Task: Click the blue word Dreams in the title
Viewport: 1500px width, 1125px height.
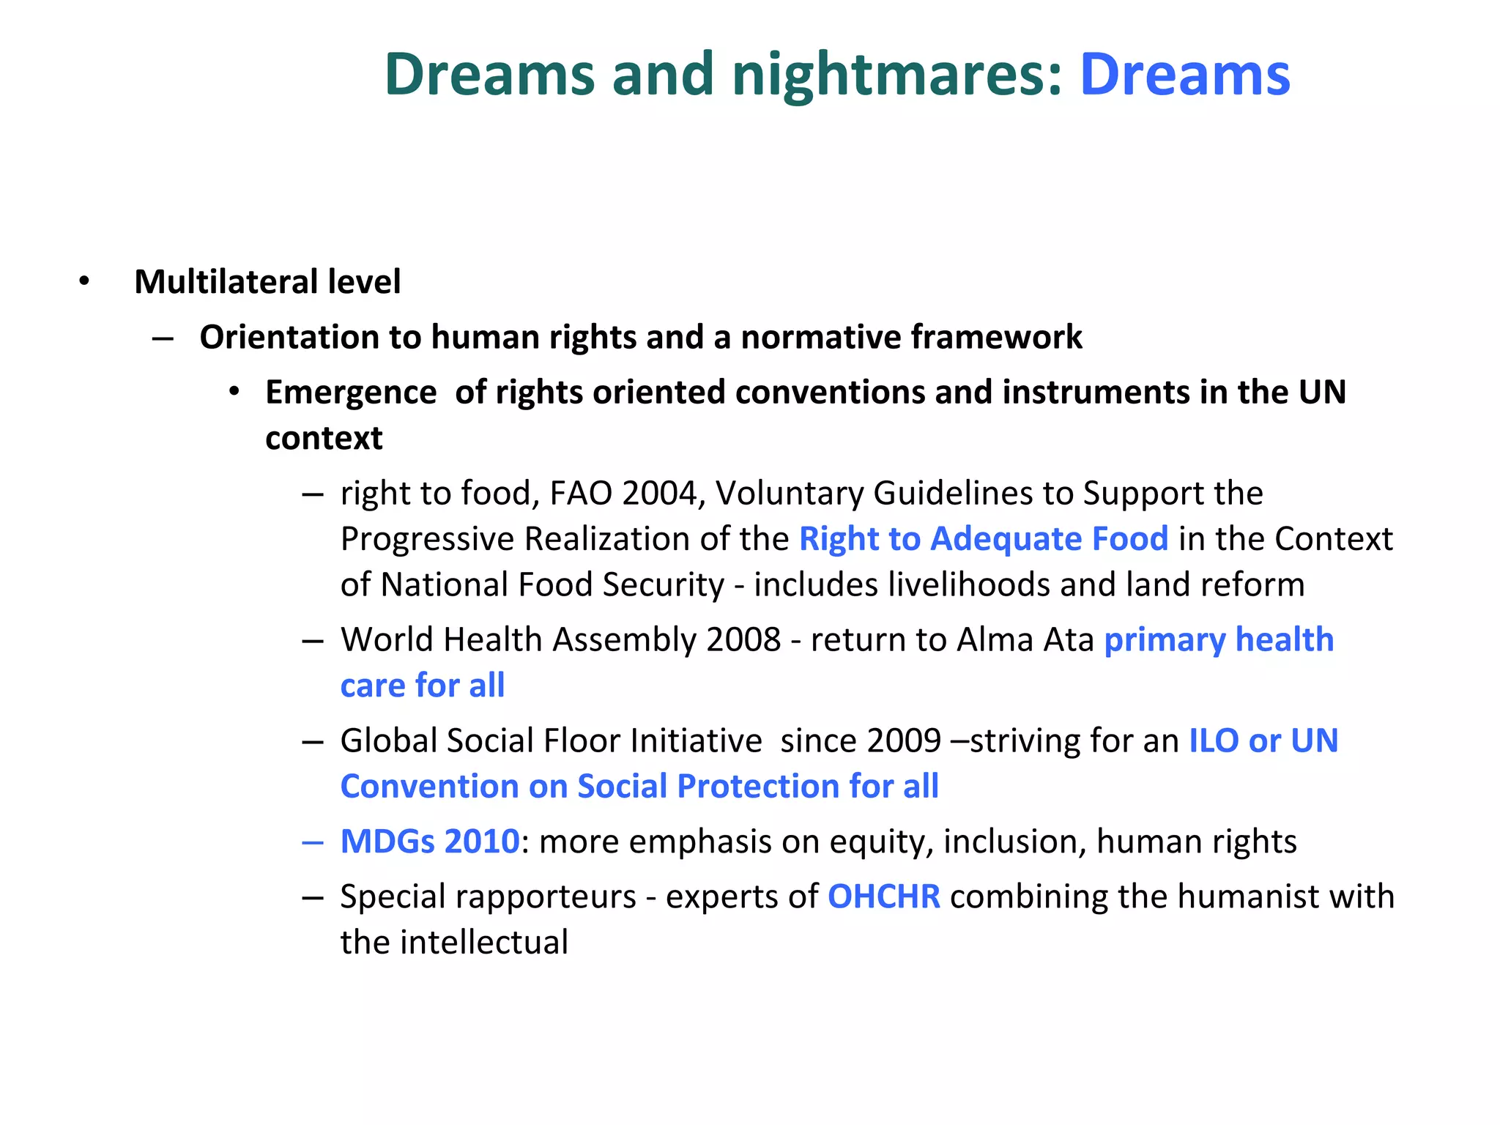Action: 1184,75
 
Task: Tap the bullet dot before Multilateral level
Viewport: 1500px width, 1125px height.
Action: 84,281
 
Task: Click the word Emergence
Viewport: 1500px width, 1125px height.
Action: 351,392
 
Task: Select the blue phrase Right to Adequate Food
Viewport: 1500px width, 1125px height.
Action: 983,539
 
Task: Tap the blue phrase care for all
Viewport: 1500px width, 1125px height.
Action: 423,686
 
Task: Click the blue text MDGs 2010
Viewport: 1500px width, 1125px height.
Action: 430,842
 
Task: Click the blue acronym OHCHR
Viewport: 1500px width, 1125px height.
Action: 883,896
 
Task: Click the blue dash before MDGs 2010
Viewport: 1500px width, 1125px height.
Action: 313,843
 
